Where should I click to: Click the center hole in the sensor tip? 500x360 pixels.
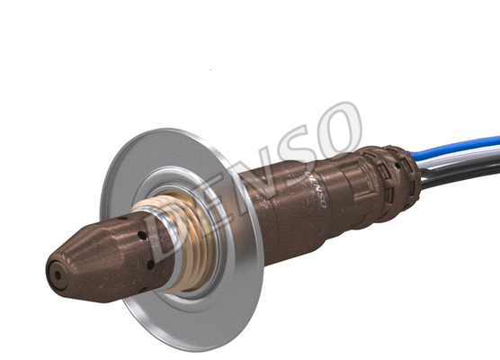tap(58, 275)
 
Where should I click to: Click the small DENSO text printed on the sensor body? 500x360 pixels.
tap(316, 189)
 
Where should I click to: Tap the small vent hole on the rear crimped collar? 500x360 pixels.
tap(397, 166)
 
